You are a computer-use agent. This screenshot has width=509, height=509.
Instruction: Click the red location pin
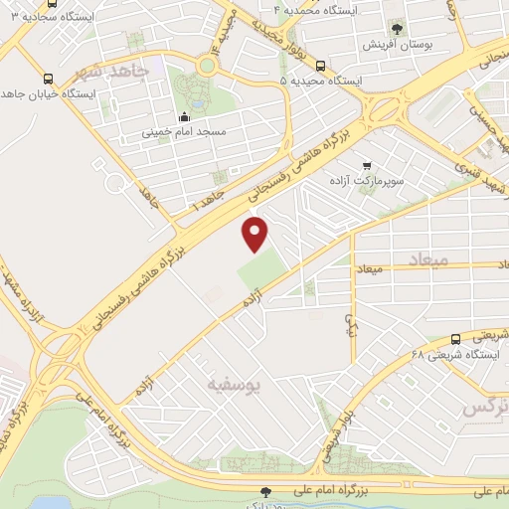pyautogui.click(x=256, y=233)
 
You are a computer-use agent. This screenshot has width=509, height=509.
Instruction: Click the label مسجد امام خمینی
pyautogui.click(x=183, y=131)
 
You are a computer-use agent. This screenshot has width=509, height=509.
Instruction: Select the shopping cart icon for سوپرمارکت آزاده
pyautogui.click(x=368, y=165)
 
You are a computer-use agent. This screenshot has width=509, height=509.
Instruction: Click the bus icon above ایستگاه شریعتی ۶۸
pyautogui.click(x=455, y=339)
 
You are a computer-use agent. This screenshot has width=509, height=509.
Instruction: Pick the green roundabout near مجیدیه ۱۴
pyautogui.click(x=206, y=65)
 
